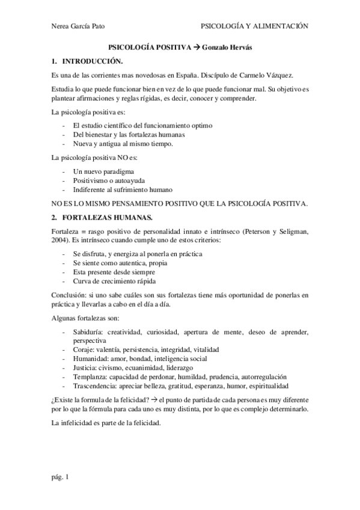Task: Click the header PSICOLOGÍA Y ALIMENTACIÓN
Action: [254, 26]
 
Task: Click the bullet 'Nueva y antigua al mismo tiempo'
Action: [123, 144]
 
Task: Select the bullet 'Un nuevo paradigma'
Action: [103, 171]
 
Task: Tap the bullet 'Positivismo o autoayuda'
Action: [109, 180]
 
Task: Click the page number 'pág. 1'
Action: [61, 477]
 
